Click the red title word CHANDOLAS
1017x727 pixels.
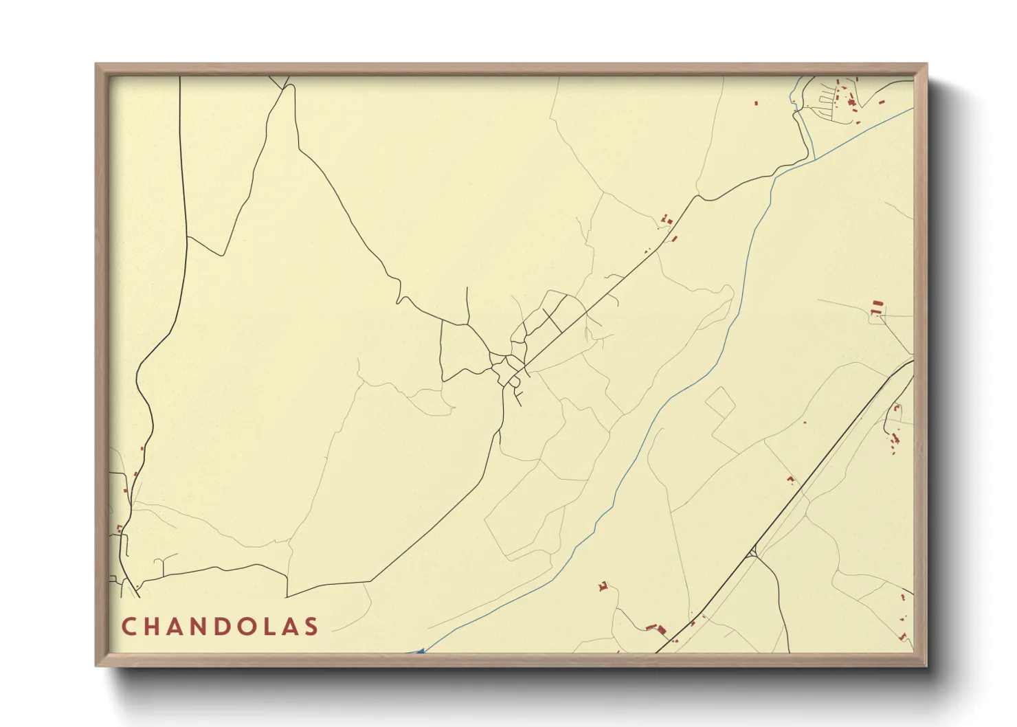click(220, 626)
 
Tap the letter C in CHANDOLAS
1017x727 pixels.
click(128, 626)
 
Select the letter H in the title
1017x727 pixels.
click(153, 626)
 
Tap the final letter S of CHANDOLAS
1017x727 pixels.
click(313, 626)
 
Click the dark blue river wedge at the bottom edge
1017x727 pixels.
click(419, 650)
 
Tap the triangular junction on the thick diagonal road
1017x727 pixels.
click(754, 551)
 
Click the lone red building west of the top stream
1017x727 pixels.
click(757, 103)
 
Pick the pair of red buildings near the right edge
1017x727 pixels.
click(875, 307)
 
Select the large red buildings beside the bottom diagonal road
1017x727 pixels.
click(658, 628)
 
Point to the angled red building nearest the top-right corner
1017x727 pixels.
click(882, 102)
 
